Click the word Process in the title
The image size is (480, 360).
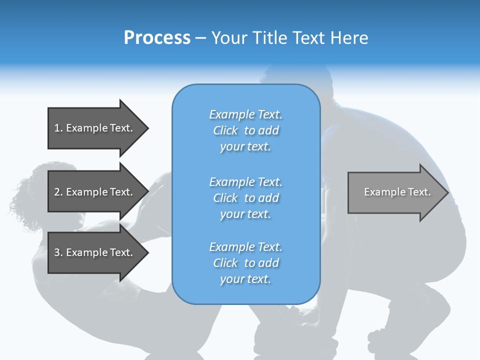click(x=157, y=38)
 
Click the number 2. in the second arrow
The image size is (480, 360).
click(x=58, y=192)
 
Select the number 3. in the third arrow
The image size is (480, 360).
click(x=58, y=252)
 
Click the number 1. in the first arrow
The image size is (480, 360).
click(x=58, y=128)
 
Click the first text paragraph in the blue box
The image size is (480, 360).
click(x=245, y=130)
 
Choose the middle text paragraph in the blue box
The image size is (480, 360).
click(x=245, y=198)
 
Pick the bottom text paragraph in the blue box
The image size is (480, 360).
click(x=245, y=263)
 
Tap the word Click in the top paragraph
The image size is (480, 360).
click(x=225, y=130)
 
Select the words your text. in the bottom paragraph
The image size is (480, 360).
click(x=245, y=279)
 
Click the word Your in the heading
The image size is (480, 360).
click(x=229, y=38)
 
